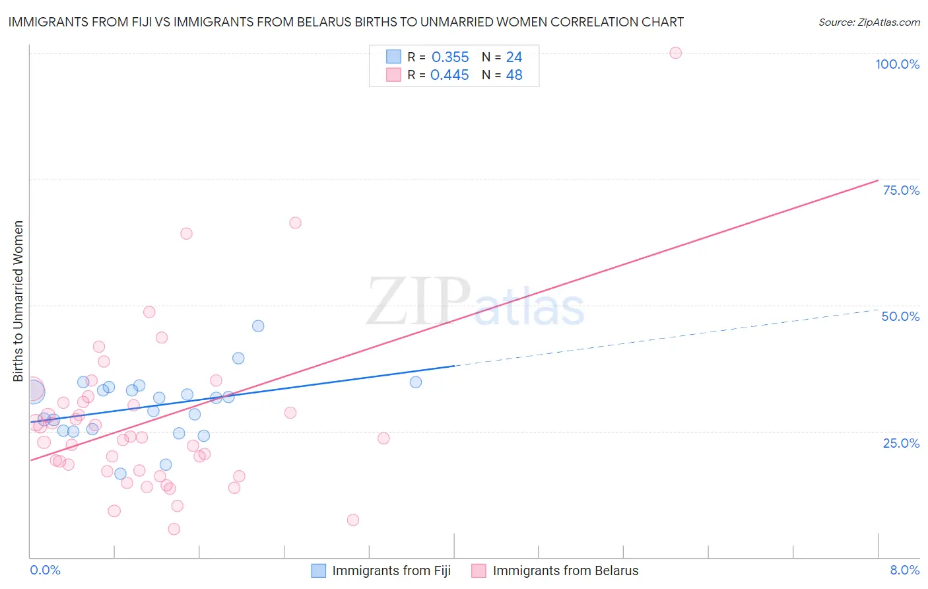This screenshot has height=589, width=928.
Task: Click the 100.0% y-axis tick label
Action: pos(897,64)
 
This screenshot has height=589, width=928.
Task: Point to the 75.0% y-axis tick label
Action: pos(901,190)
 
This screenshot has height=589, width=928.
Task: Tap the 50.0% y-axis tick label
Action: pos(900,316)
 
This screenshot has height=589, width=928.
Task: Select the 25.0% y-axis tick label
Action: pos(901,443)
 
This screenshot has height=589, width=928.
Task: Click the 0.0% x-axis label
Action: pos(45,571)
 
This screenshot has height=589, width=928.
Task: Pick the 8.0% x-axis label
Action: pos(904,571)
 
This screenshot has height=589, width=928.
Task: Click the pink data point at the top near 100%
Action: pos(675,53)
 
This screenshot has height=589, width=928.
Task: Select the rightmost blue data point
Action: pos(416,382)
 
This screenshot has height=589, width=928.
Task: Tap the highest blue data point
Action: pos(258,326)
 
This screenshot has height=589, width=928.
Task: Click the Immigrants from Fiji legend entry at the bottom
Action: pos(391,571)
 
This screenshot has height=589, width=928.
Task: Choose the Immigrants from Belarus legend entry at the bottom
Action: pos(565,571)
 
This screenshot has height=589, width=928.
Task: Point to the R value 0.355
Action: pos(450,57)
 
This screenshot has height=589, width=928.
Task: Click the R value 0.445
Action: pos(449,75)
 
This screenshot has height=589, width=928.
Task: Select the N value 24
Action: pos(514,57)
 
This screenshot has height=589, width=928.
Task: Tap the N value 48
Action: pos(514,75)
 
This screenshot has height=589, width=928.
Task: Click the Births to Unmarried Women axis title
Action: pos(18,301)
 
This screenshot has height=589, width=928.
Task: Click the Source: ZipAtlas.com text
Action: pos(869,22)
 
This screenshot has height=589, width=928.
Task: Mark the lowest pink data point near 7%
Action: pos(174,529)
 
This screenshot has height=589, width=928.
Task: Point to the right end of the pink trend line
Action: pos(878,180)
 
